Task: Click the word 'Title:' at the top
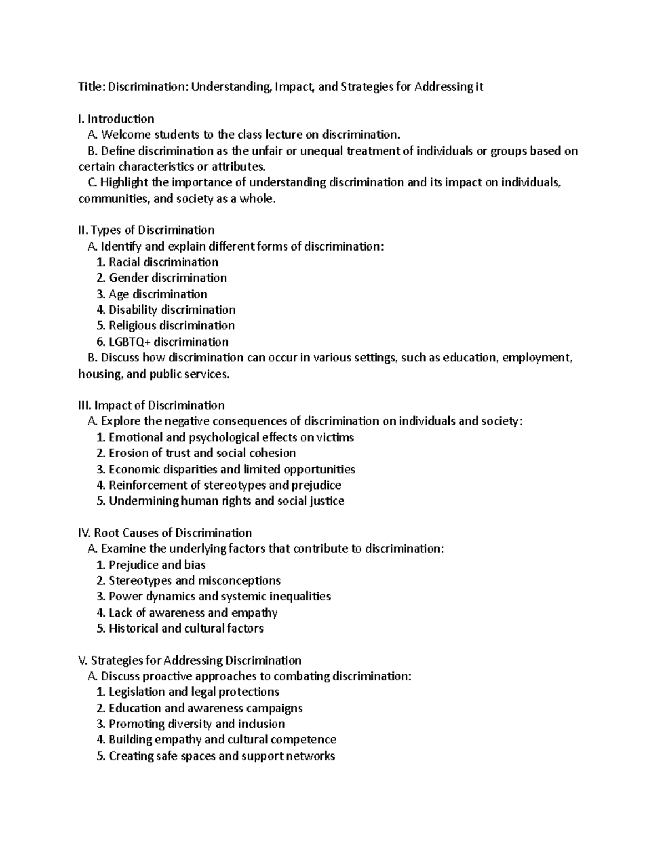(x=92, y=87)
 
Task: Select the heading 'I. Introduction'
(x=117, y=119)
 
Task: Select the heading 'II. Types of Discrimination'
(x=147, y=230)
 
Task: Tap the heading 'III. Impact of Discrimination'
(x=152, y=405)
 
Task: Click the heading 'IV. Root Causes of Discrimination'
(x=165, y=533)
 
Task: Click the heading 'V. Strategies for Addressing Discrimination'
(x=190, y=660)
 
